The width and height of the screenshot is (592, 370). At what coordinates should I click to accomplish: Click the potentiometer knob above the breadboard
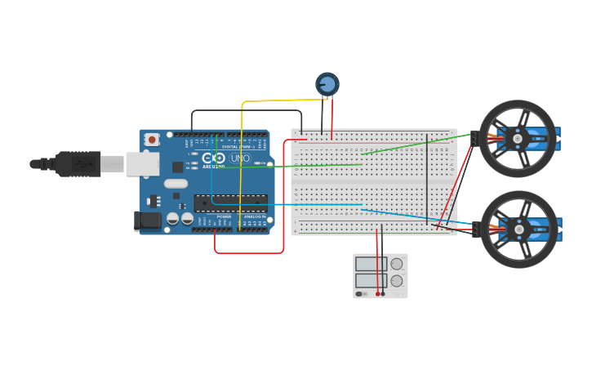[327, 83]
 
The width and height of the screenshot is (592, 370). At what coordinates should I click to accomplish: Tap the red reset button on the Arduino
[151, 140]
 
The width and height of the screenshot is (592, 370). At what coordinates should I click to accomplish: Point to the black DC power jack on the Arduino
[144, 219]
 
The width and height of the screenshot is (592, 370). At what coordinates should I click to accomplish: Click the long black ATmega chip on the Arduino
[230, 203]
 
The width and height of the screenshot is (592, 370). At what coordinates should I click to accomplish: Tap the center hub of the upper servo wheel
[518, 139]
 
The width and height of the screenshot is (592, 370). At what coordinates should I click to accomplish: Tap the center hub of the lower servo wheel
[519, 230]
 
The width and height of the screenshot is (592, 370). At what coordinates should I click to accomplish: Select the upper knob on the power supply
[397, 264]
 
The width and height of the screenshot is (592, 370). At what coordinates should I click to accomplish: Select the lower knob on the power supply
[397, 281]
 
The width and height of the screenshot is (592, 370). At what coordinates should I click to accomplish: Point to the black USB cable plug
[78, 163]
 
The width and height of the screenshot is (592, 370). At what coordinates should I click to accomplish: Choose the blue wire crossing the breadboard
[286, 204]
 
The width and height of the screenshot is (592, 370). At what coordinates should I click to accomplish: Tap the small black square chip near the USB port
[177, 167]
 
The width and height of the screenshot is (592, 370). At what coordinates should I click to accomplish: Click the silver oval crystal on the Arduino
[176, 184]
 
